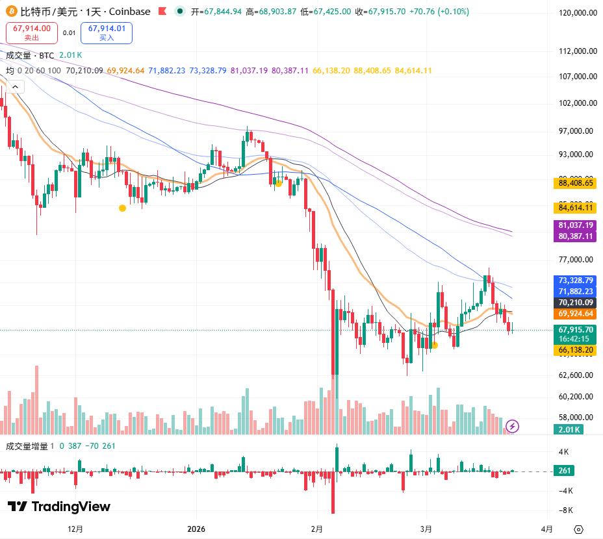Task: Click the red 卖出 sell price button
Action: click(x=31, y=32)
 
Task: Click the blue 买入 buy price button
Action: click(x=107, y=32)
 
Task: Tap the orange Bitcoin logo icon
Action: click(x=10, y=12)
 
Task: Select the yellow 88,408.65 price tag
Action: click(x=575, y=183)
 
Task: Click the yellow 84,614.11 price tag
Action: click(x=575, y=208)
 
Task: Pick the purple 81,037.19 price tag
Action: click(x=575, y=225)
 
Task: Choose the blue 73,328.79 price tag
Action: click(x=575, y=280)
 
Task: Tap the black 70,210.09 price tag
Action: click(x=575, y=303)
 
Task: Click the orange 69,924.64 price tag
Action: click(x=575, y=314)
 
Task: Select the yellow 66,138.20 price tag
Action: click(x=575, y=350)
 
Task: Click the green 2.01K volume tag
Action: click(x=569, y=429)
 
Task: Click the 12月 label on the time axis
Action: click(x=75, y=529)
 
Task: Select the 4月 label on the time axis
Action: click(x=547, y=529)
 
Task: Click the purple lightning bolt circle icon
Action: click(x=513, y=426)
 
